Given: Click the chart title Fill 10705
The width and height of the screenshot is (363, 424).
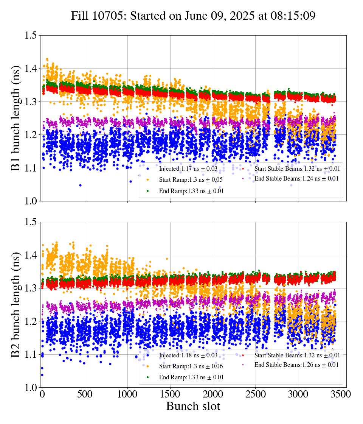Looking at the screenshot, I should [193, 16].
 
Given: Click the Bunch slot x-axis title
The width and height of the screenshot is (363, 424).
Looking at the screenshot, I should [193, 407].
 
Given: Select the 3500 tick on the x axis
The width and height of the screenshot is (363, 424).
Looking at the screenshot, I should [341, 394].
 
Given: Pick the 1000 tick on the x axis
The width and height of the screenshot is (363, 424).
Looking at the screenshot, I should [127, 394].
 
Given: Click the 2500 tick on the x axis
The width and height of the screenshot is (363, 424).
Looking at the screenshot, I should [256, 394].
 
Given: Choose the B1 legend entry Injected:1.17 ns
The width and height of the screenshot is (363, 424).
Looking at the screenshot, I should [188, 168].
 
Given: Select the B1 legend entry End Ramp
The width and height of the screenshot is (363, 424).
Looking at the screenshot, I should [191, 191].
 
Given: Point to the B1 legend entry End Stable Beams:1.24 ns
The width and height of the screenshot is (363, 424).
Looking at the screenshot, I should [296, 179].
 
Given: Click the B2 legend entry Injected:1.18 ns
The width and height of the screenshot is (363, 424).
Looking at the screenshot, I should [188, 355].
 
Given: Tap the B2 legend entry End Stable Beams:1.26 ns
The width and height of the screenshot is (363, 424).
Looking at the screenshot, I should [296, 365].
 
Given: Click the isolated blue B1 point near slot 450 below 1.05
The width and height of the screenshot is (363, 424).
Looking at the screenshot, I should [80, 185].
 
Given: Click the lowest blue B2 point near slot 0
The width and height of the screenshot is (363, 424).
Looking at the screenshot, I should [42, 375].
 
